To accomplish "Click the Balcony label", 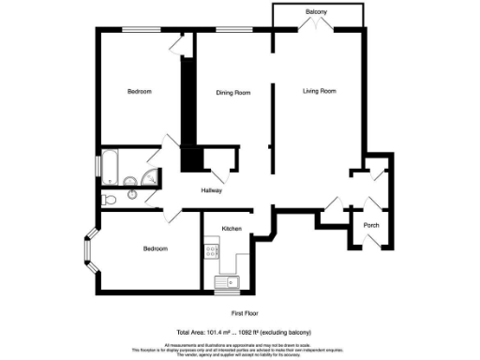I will [x=316, y=12].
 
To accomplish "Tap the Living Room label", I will [x=319, y=91].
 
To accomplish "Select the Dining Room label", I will [x=233, y=92].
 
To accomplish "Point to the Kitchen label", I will [x=232, y=229].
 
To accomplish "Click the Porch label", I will [x=371, y=224].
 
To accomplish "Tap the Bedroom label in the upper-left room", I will [x=140, y=91].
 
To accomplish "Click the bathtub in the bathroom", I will [x=111, y=166].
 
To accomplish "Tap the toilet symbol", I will [x=112, y=198].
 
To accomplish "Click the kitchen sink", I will [x=226, y=281].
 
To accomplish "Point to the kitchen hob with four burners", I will [x=212, y=251].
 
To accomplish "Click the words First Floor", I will [x=245, y=312].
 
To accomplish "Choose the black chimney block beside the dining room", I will [x=190, y=159].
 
